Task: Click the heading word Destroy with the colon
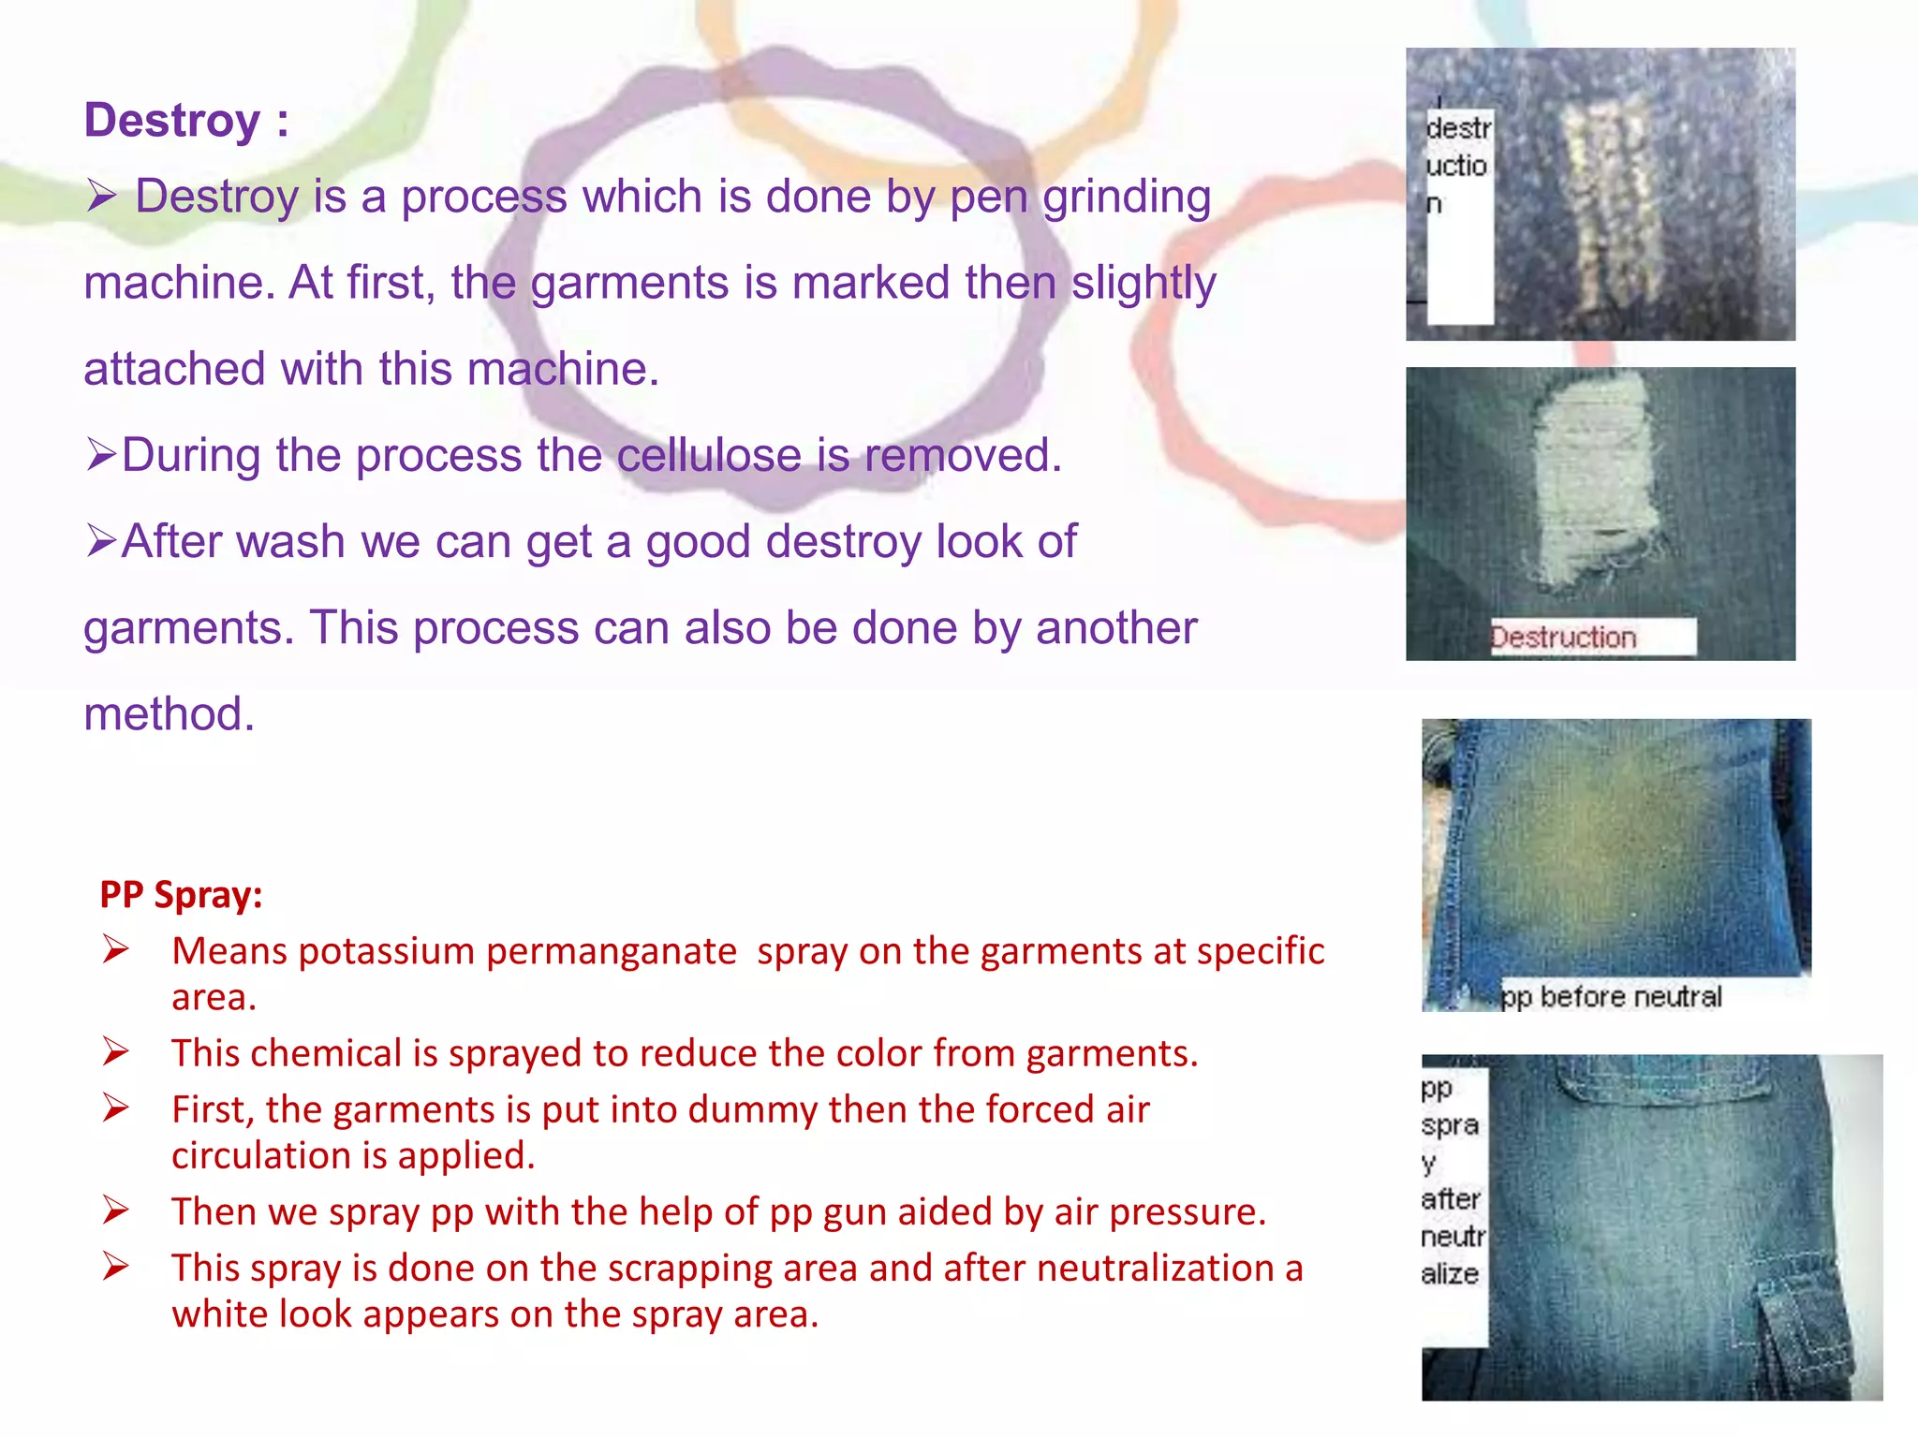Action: point(185,121)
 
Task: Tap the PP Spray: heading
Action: point(181,895)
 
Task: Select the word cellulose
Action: point(708,456)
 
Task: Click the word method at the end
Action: point(169,714)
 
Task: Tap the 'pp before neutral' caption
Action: point(1611,997)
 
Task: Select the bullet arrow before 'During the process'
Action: point(101,456)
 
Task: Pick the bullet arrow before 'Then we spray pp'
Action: point(116,1211)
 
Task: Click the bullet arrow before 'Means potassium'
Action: point(116,951)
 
